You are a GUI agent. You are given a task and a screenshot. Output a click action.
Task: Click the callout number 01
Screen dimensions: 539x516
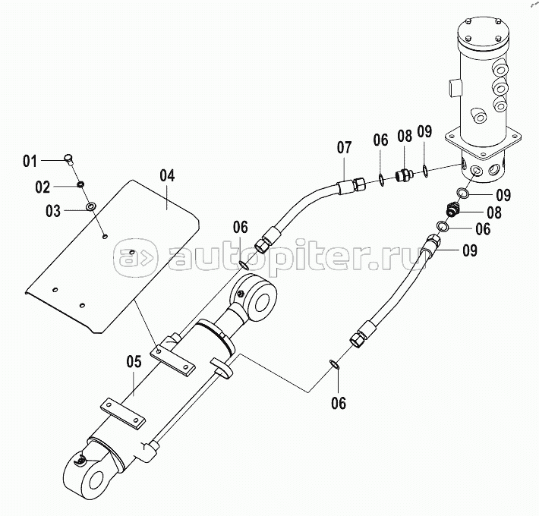30,161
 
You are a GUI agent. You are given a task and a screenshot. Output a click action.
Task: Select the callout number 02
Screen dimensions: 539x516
43,187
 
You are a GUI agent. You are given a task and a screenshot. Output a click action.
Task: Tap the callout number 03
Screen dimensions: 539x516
53,211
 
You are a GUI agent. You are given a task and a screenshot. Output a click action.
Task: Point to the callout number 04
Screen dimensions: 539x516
167,175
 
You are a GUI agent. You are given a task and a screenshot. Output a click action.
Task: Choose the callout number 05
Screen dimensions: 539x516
134,362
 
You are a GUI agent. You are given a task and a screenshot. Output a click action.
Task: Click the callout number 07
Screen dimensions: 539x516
344,147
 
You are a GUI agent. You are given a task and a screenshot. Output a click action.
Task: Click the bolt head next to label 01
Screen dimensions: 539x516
70,160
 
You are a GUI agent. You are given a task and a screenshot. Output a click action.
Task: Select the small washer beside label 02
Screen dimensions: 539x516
80,185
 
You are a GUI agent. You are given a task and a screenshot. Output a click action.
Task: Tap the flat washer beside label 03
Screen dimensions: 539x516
91,207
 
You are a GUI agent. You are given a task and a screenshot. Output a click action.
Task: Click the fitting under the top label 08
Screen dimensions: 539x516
403,175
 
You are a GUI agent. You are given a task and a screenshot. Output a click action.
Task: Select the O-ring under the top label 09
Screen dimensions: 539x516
426,171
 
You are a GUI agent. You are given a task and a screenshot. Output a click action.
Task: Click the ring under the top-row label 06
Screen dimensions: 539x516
382,180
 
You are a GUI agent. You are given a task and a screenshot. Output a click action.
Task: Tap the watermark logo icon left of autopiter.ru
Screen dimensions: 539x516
136,258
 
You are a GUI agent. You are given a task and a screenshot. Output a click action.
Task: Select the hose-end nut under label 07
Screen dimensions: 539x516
357,184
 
